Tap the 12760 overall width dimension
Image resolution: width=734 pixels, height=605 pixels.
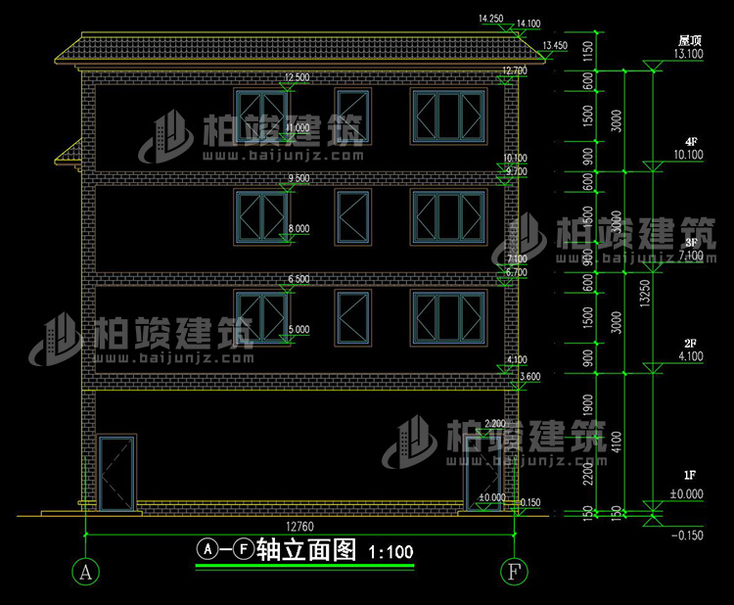pyautogui.click(x=298, y=526)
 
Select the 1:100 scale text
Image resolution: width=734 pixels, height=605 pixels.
pyautogui.click(x=390, y=552)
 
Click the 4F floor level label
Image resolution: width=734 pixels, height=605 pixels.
pyautogui.click(x=690, y=142)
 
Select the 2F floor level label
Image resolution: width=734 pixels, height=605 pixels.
pyautogui.click(x=690, y=344)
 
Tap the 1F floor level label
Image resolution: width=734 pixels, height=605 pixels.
pyautogui.click(x=690, y=482)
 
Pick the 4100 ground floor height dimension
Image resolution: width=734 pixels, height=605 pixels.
pyautogui.click(x=616, y=442)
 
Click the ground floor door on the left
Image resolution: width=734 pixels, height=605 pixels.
pyautogui.click(x=117, y=472)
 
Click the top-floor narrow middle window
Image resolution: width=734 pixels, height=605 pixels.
pyautogui.click(x=353, y=117)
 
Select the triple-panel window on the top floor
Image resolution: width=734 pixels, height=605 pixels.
pyautogui.click(x=449, y=117)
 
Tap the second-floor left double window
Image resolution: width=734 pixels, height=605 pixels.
pyautogui.click(x=260, y=318)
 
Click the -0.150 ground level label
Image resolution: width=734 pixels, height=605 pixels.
pyautogui.click(x=689, y=535)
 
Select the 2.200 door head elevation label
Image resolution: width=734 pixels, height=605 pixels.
pyautogui.click(x=495, y=423)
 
